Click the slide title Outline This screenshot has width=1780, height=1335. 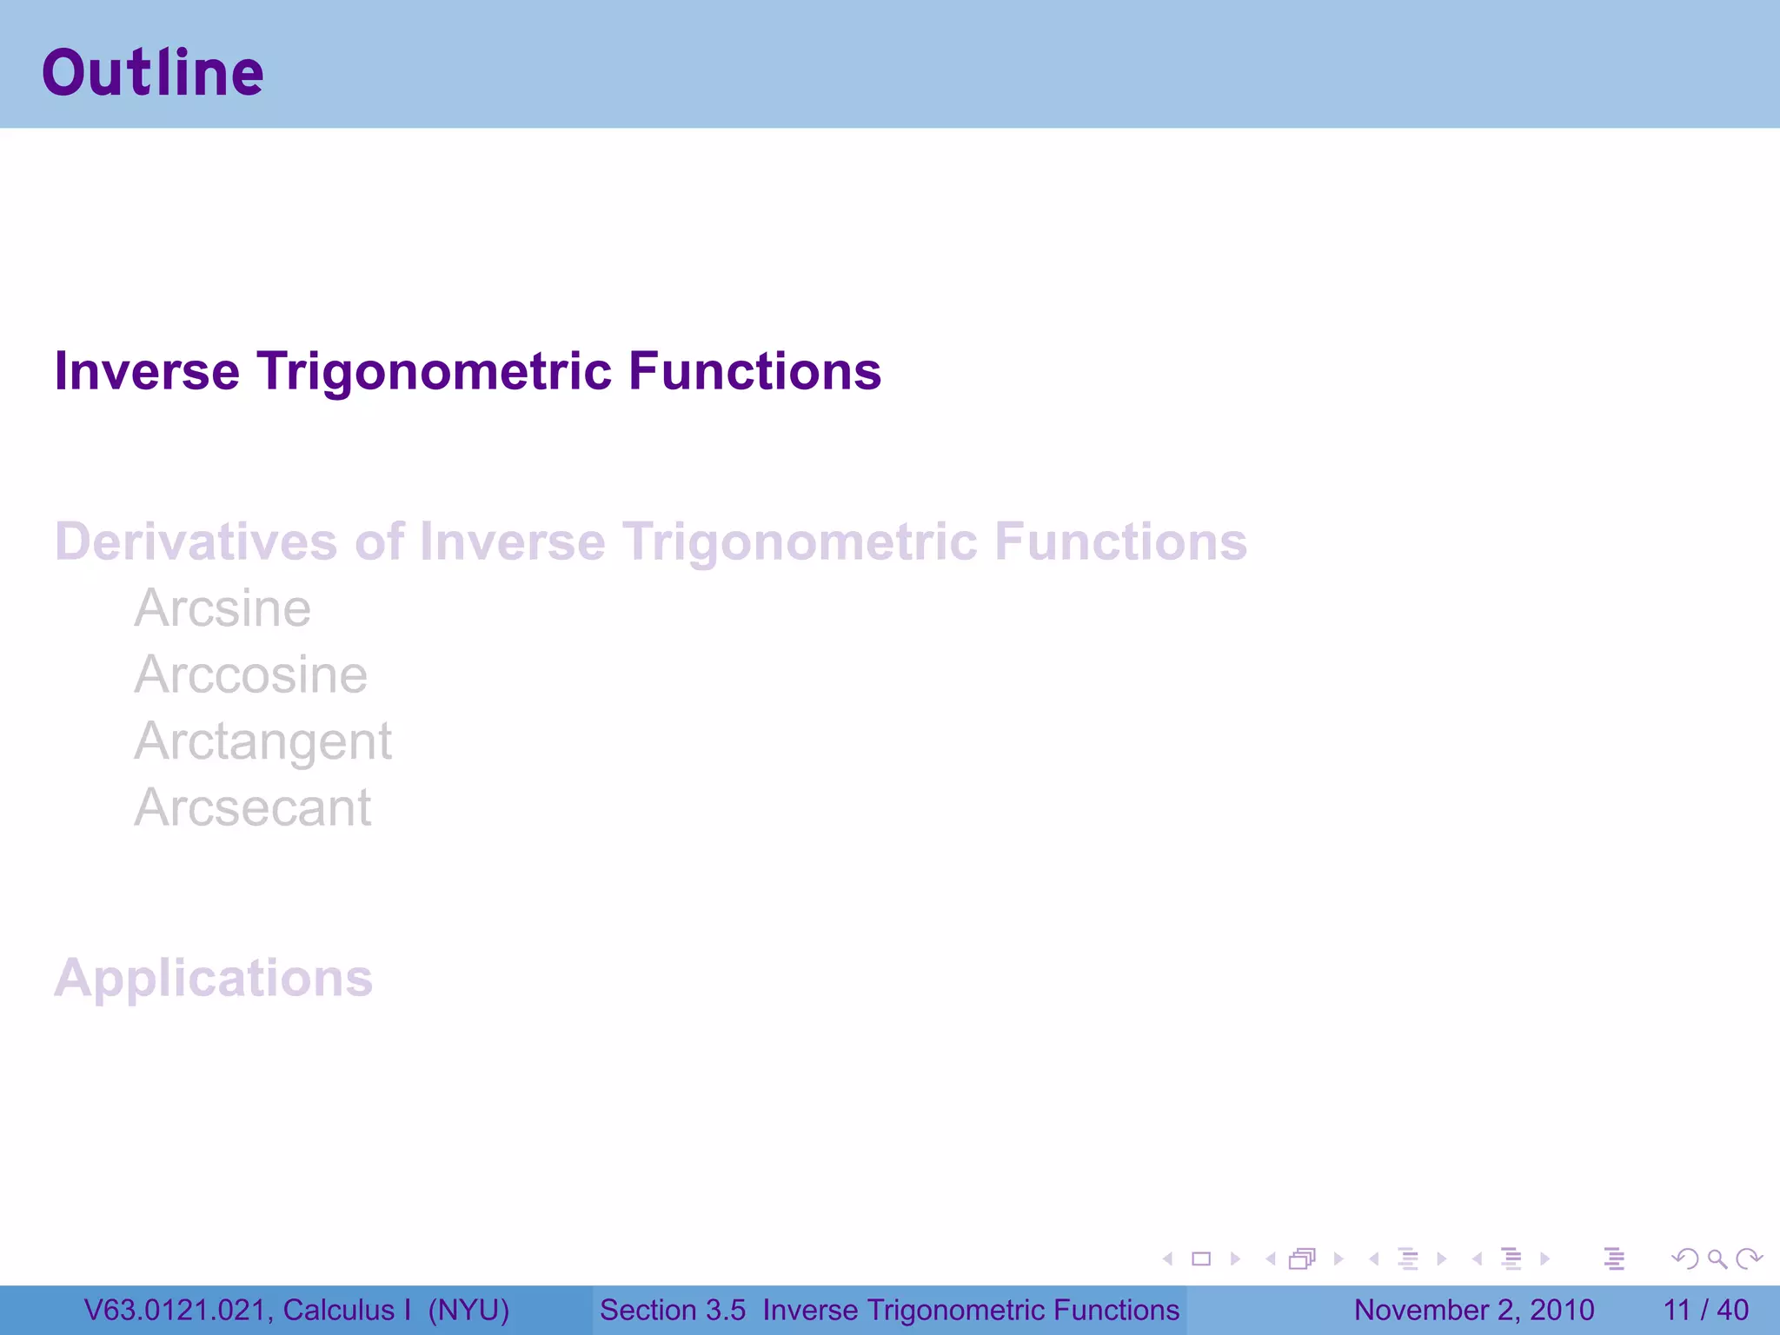pyautogui.click(x=153, y=73)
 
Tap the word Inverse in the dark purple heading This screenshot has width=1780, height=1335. pyautogui.click(x=146, y=372)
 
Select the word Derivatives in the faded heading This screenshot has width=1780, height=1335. pyautogui.click(x=196, y=542)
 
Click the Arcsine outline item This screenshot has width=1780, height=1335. pyautogui.click(x=222, y=608)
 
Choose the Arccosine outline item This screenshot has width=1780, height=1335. pyautogui.click(x=250, y=675)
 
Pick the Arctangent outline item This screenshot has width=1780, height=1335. pyautogui.click(x=262, y=741)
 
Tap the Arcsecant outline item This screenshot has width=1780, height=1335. pyautogui.click(x=252, y=808)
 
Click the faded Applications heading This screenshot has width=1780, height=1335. pyautogui.click(x=214, y=979)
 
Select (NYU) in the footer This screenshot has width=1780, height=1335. pyautogui.click(x=468, y=1310)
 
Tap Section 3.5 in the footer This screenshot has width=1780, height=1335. pyautogui.click(x=672, y=1310)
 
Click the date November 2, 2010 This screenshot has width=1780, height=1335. pyautogui.click(x=1474, y=1310)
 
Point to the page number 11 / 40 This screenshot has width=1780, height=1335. pyautogui.click(x=1705, y=1310)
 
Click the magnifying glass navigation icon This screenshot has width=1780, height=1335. pyautogui.click(x=1717, y=1259)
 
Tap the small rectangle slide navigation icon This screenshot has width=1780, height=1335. pyautogui.click(x=1201, y=1259)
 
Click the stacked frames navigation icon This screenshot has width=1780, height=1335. pyautogui.click(x=1302, y=1259)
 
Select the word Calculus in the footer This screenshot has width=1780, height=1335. pyautogui.click(x=338, y=1310)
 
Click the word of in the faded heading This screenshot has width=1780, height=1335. pyautogui.click(x=379, y=542)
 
